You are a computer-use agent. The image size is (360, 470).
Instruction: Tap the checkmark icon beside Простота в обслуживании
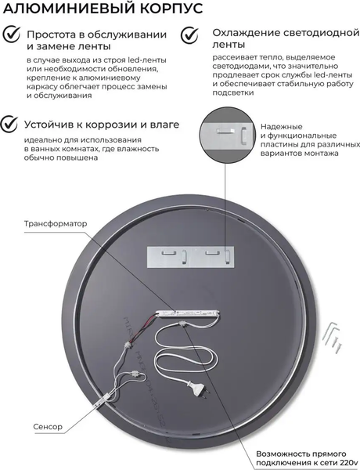[x=10, y=37]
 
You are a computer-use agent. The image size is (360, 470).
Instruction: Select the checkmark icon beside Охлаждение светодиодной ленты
[x=189, y=36]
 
